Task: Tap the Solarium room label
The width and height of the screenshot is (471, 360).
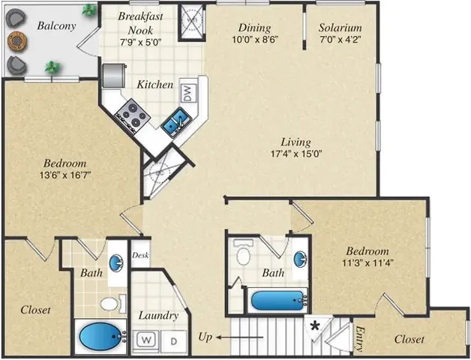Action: click(x=340, y=28)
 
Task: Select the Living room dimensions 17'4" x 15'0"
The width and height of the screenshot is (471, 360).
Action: click(x=295, y=155)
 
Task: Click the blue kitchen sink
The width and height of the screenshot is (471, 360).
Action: click(x=176, y=120)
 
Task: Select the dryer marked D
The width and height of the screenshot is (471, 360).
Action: click(x=172, y=340)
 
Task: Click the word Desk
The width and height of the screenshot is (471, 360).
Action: click(x=140, y=255)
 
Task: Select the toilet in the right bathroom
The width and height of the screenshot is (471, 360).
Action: click(x=242, y=254)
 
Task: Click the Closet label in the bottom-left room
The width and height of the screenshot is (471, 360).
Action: click(x=35, y=309)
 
